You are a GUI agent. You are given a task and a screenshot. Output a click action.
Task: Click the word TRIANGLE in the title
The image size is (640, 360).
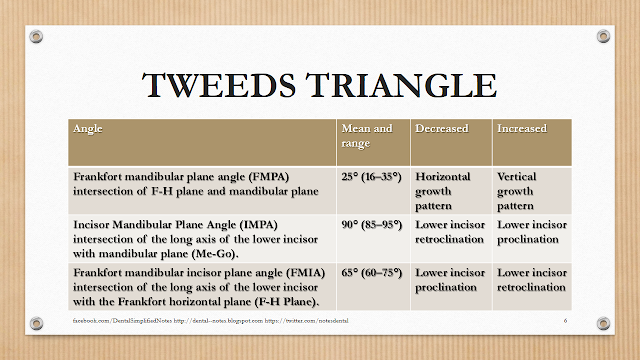pos(400,86)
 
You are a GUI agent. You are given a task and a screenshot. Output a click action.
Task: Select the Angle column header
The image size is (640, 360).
pos(87,129)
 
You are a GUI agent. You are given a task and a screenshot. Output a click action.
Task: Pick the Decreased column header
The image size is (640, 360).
pos(444,129)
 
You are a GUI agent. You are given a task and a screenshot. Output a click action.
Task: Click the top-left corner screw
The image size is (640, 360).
pos(37,37)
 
